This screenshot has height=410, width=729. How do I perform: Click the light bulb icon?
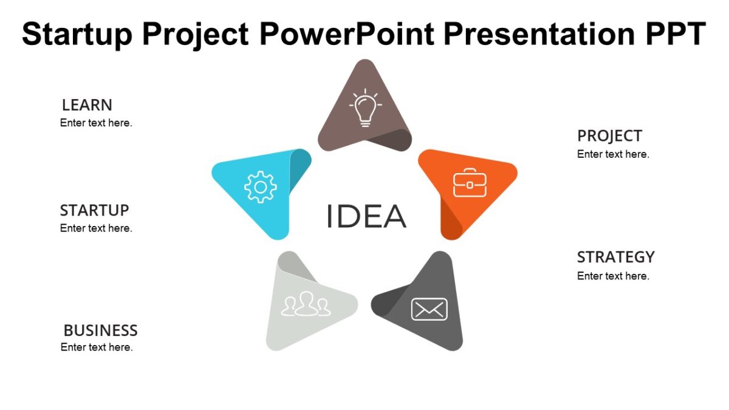click(364, 108)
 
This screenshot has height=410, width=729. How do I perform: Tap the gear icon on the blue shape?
click(260, 187)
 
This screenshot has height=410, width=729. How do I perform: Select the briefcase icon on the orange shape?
click(470, 183)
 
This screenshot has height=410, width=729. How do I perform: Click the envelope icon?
click(429, 309)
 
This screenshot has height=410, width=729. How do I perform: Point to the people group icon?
click(306, 304)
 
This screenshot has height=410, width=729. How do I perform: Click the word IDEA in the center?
click(366, 217)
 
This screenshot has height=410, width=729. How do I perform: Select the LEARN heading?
click(87, 105)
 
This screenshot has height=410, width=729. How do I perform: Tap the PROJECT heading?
click(609, 136)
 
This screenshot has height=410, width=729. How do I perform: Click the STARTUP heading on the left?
click(94, 211)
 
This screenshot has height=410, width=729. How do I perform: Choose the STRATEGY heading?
click(615, 257)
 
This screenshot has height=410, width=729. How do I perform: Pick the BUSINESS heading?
click(100, 330)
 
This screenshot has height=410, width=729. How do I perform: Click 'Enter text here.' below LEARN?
click(96, 123)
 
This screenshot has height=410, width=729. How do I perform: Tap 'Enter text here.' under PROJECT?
click(613, 154)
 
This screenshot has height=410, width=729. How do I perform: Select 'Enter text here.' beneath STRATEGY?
click(613, 276)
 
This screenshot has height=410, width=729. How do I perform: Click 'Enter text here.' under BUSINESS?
click(97, 347)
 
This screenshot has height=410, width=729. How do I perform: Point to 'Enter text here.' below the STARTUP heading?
click(96, 228)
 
